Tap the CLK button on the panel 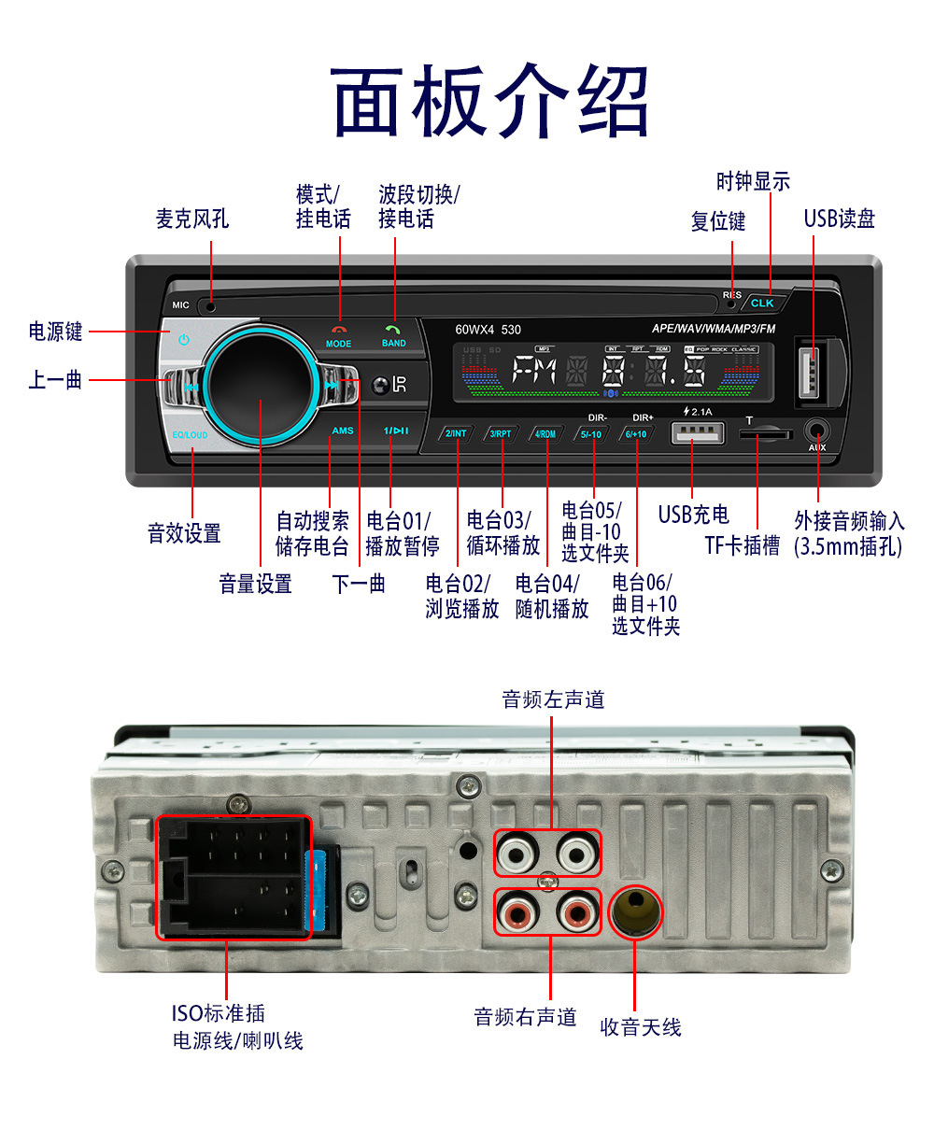coord(762,303)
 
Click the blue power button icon coord(183,339)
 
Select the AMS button coord(343,431)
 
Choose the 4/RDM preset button coord(545,434)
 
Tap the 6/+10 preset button coord(636,434)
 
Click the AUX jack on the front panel coord(817,431)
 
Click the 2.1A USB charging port coord(697,433)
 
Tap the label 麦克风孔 coord(191,219)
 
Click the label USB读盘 coord(839,219)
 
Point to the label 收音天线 coord(641,1027)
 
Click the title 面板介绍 coord(489,101)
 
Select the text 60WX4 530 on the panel coord(488,330)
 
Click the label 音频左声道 coord(553,699)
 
